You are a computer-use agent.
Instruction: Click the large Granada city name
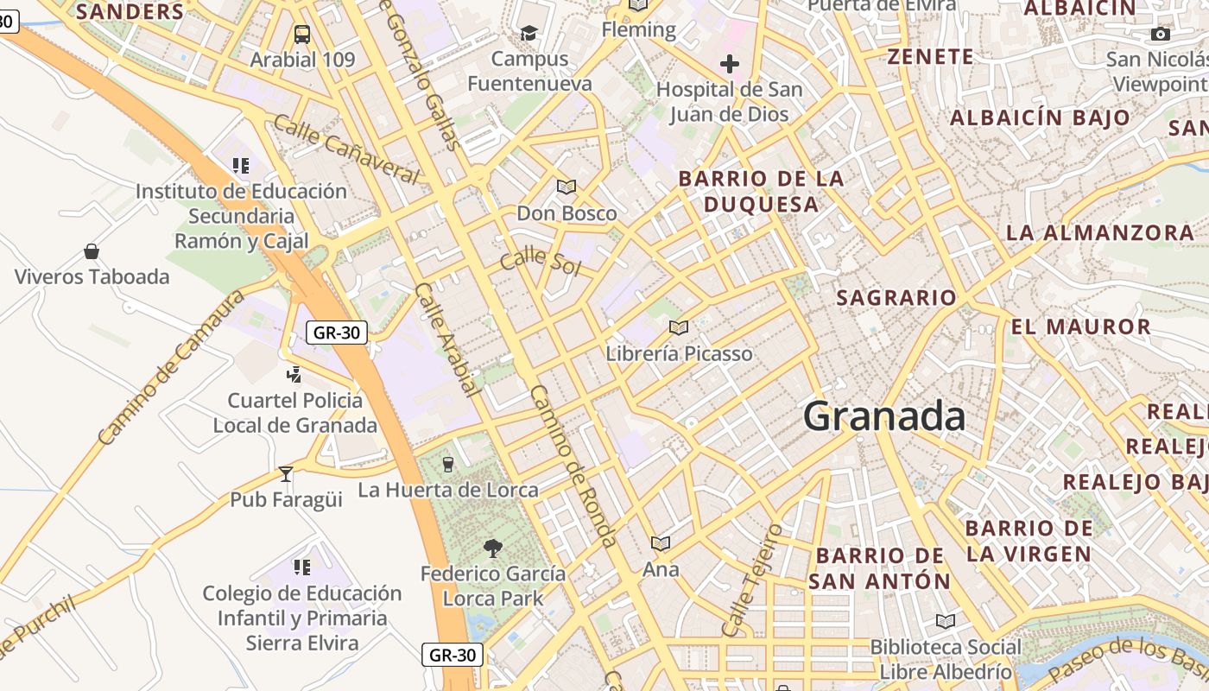click(884, 417)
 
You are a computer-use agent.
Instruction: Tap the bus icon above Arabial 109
click(301, 35)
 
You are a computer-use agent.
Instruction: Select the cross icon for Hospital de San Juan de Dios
click(730, 64)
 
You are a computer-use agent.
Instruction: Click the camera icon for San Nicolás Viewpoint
click(1161, 35)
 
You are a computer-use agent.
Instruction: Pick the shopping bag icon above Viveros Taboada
click(92, 251)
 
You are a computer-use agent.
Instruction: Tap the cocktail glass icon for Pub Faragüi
click(286, 474)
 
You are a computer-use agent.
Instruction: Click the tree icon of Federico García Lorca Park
click(493, 548)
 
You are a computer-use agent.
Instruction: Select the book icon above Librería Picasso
click(679, 328)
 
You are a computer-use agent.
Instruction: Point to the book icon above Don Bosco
click(567, 187)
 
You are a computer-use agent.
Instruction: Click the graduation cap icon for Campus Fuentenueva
click(529, 34)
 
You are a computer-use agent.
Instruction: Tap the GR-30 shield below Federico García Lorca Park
click(453, 655)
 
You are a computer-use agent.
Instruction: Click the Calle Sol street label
click(541, 261)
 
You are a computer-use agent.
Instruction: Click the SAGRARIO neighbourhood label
click(896, 298)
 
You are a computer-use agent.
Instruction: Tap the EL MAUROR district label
click(1081, 326)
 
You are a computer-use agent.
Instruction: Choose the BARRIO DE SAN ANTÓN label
click(879, 568)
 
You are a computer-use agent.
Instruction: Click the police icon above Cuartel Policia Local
click(294, 375)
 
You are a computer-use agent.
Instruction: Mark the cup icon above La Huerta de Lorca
click(447, 465)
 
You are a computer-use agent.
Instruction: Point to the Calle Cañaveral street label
click(345, 149)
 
